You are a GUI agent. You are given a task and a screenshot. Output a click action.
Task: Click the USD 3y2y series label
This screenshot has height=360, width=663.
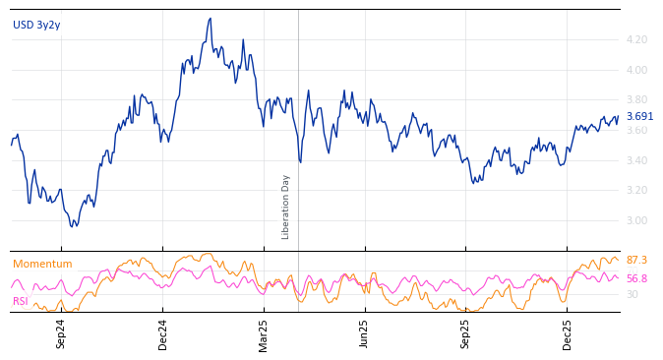(36, 26)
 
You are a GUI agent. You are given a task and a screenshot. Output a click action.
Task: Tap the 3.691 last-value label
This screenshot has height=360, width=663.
(639, 117)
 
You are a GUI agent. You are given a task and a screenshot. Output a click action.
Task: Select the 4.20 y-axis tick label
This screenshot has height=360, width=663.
(636, 40)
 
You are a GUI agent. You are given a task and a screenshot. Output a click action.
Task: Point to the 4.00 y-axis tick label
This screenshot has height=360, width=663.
(636, 70)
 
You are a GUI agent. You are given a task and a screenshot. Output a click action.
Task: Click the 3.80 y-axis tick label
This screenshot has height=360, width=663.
(636, 100)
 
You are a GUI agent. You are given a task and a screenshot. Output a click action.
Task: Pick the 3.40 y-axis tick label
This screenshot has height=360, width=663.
(636, 160)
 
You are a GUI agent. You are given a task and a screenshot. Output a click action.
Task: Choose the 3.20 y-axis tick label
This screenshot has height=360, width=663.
(636, 191)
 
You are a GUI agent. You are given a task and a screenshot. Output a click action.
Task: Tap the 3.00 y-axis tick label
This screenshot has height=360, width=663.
(636, 220)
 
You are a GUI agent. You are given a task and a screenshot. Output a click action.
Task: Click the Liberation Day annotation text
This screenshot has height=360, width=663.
(286, 207)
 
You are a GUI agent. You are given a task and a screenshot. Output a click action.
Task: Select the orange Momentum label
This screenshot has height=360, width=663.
(42, 265)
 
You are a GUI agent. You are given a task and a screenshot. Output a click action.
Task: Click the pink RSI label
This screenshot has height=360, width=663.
(21, 302)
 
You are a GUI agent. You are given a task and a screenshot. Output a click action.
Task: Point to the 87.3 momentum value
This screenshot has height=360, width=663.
(636, 261)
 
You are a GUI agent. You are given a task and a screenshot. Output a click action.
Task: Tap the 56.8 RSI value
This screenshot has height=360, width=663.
(636, 279)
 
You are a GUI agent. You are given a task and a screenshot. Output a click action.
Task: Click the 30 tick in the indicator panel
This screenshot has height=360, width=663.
(633, 294)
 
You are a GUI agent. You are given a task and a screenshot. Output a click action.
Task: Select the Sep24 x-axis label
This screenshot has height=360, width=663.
(61, 333)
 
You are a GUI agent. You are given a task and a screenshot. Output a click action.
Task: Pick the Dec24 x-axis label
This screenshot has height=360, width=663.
(163, 333)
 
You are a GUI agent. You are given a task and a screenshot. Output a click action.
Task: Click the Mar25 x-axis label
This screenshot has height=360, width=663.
(264, 333)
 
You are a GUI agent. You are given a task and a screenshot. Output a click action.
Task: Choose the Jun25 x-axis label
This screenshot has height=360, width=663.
(365, 333)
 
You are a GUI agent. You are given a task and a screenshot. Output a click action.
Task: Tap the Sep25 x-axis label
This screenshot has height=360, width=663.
(466, 333)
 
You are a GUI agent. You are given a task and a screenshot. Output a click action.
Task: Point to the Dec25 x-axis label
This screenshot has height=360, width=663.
(568, 333)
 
